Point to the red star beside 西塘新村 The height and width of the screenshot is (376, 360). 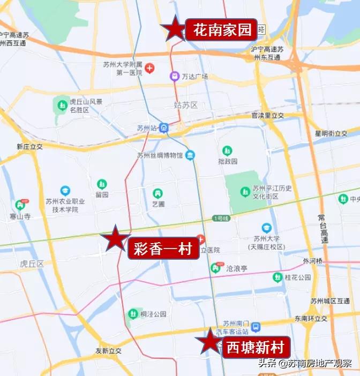pyautogui.click(x=209, y=341)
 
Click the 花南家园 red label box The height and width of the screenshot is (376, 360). pyautogui.click(x=222, y=30)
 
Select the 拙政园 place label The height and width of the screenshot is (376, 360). pyautogui.click(x=228, y=161)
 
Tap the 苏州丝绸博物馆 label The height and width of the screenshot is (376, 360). pyautogui.click(x=160, y=155)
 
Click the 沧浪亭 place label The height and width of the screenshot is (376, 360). pyautogui.click(x=236, y=267)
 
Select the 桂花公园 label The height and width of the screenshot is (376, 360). pyautogui.click(x=298, y=277)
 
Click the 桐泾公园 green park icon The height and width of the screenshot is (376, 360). pyautogui.click(x=132, y=314)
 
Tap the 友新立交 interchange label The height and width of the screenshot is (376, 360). pyautogui.click(x=109, y=351)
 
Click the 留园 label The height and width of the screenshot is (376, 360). pyautogui.click(x=102, y=194)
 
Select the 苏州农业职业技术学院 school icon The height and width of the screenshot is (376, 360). pyautogui.click(x=65, y=191)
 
